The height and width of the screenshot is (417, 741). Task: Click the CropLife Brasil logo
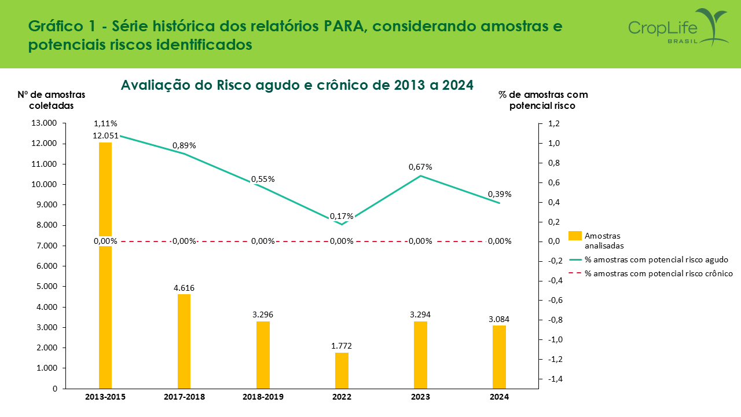tap(677, 28)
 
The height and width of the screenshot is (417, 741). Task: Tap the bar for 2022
tap(342, 370)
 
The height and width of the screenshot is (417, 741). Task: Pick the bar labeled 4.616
tap(184, 341)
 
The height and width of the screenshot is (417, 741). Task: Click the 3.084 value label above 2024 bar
tap(498, 319)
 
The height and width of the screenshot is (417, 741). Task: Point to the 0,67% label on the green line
tap(420, 167)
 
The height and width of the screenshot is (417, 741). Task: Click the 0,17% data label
tap(342, 217)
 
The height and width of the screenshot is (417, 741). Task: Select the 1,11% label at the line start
tap(105, 123)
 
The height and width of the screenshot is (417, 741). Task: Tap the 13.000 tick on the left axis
tap(45, 123)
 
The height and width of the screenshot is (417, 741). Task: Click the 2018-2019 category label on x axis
tap(263, 397)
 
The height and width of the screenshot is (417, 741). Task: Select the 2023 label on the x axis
tap(420, 397)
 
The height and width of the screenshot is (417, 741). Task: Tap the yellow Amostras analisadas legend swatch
tap(575, 236)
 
